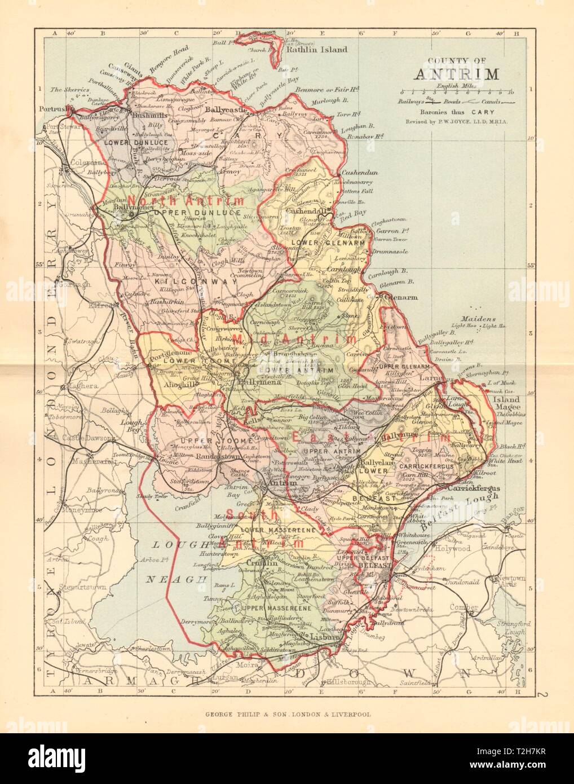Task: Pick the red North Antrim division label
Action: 186,201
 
